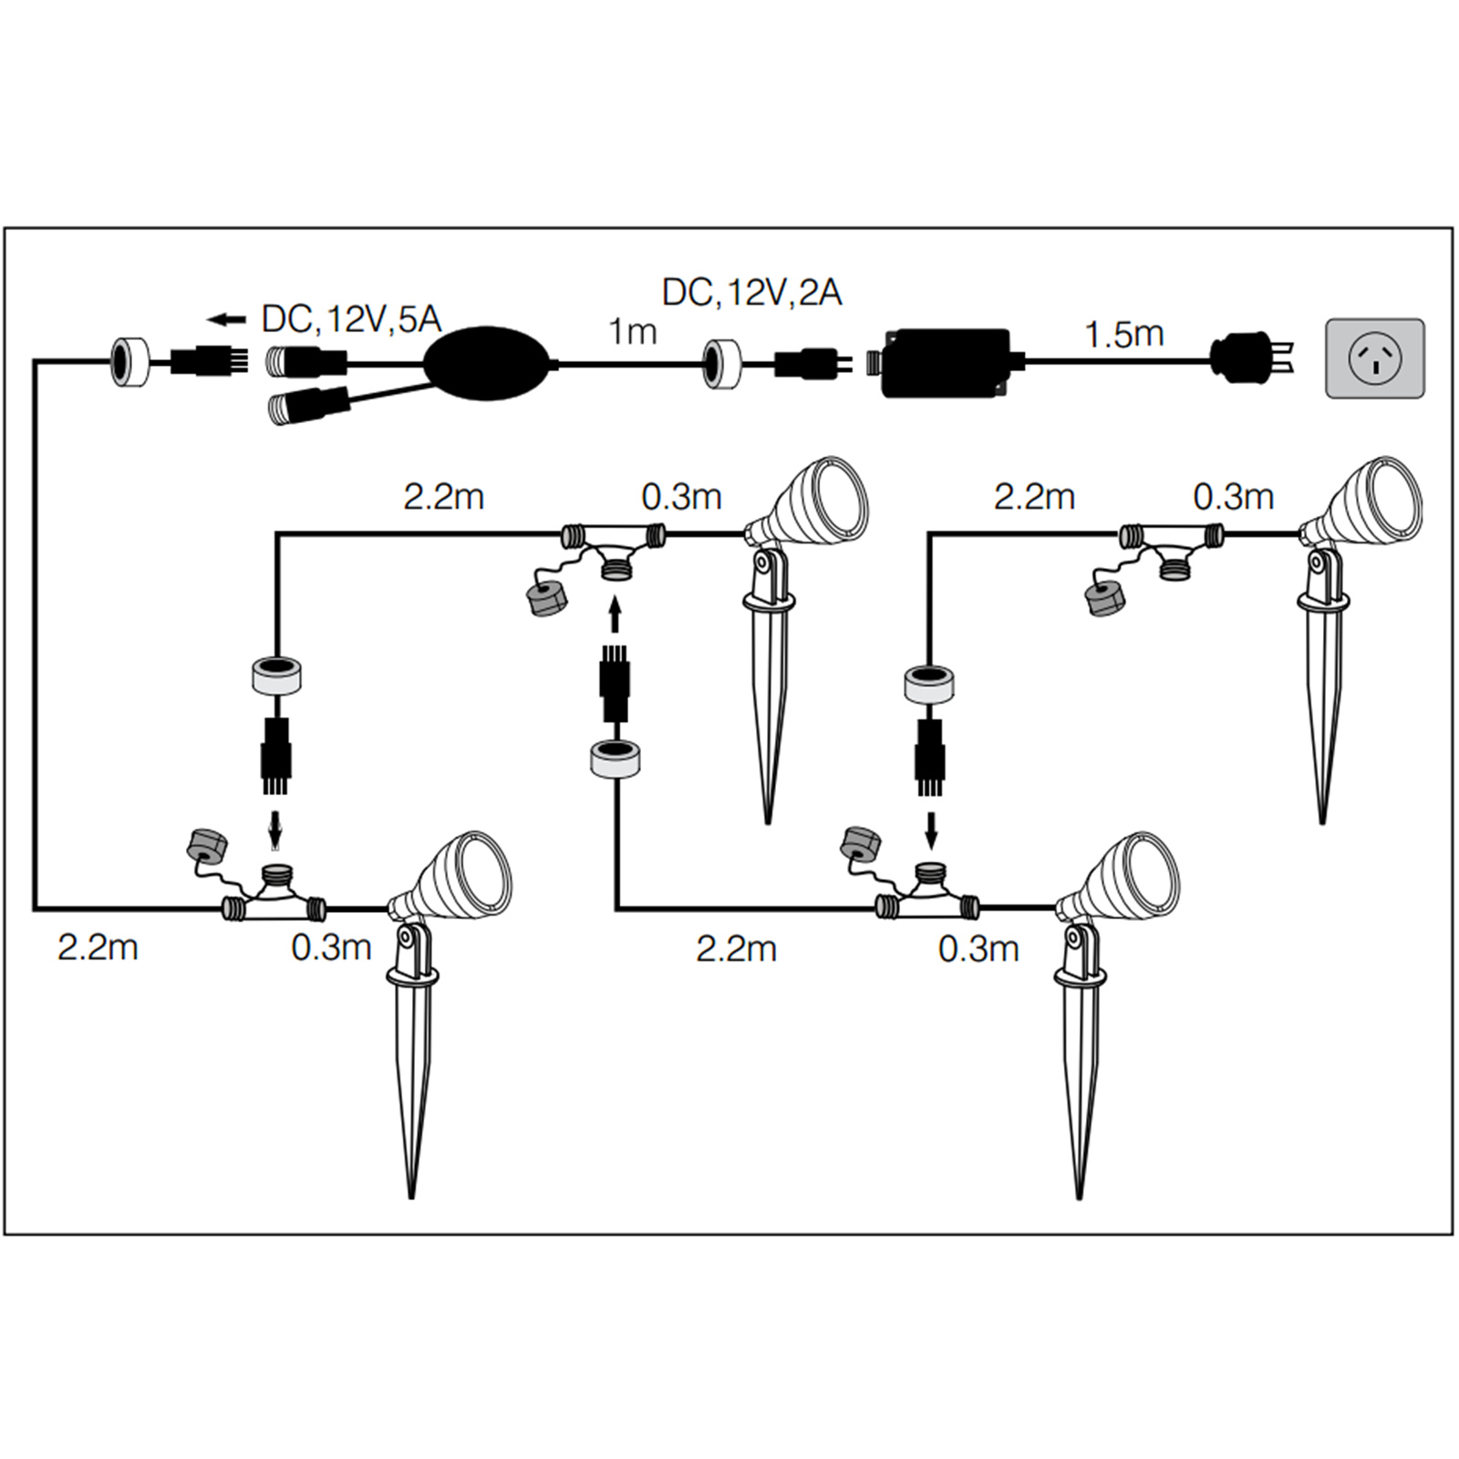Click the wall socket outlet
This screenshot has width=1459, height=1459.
tap(1374, 357)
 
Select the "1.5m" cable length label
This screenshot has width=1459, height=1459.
tap(1123, 335)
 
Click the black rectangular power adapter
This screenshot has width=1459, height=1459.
tap(947, 362)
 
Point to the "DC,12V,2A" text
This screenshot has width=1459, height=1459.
tap(751, 293)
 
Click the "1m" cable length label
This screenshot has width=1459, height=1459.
tap(632, 332)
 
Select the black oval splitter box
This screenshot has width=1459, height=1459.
tap(489, 362)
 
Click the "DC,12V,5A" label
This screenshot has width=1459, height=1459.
tap(351, 319)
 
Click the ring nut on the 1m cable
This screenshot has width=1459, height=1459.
tap(721, 364)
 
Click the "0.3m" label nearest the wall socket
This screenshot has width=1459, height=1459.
tap(1233, 497)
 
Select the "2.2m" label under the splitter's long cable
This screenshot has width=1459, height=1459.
tap(98, 947)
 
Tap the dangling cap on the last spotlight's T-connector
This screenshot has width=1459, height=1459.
tap(1104, 597)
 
